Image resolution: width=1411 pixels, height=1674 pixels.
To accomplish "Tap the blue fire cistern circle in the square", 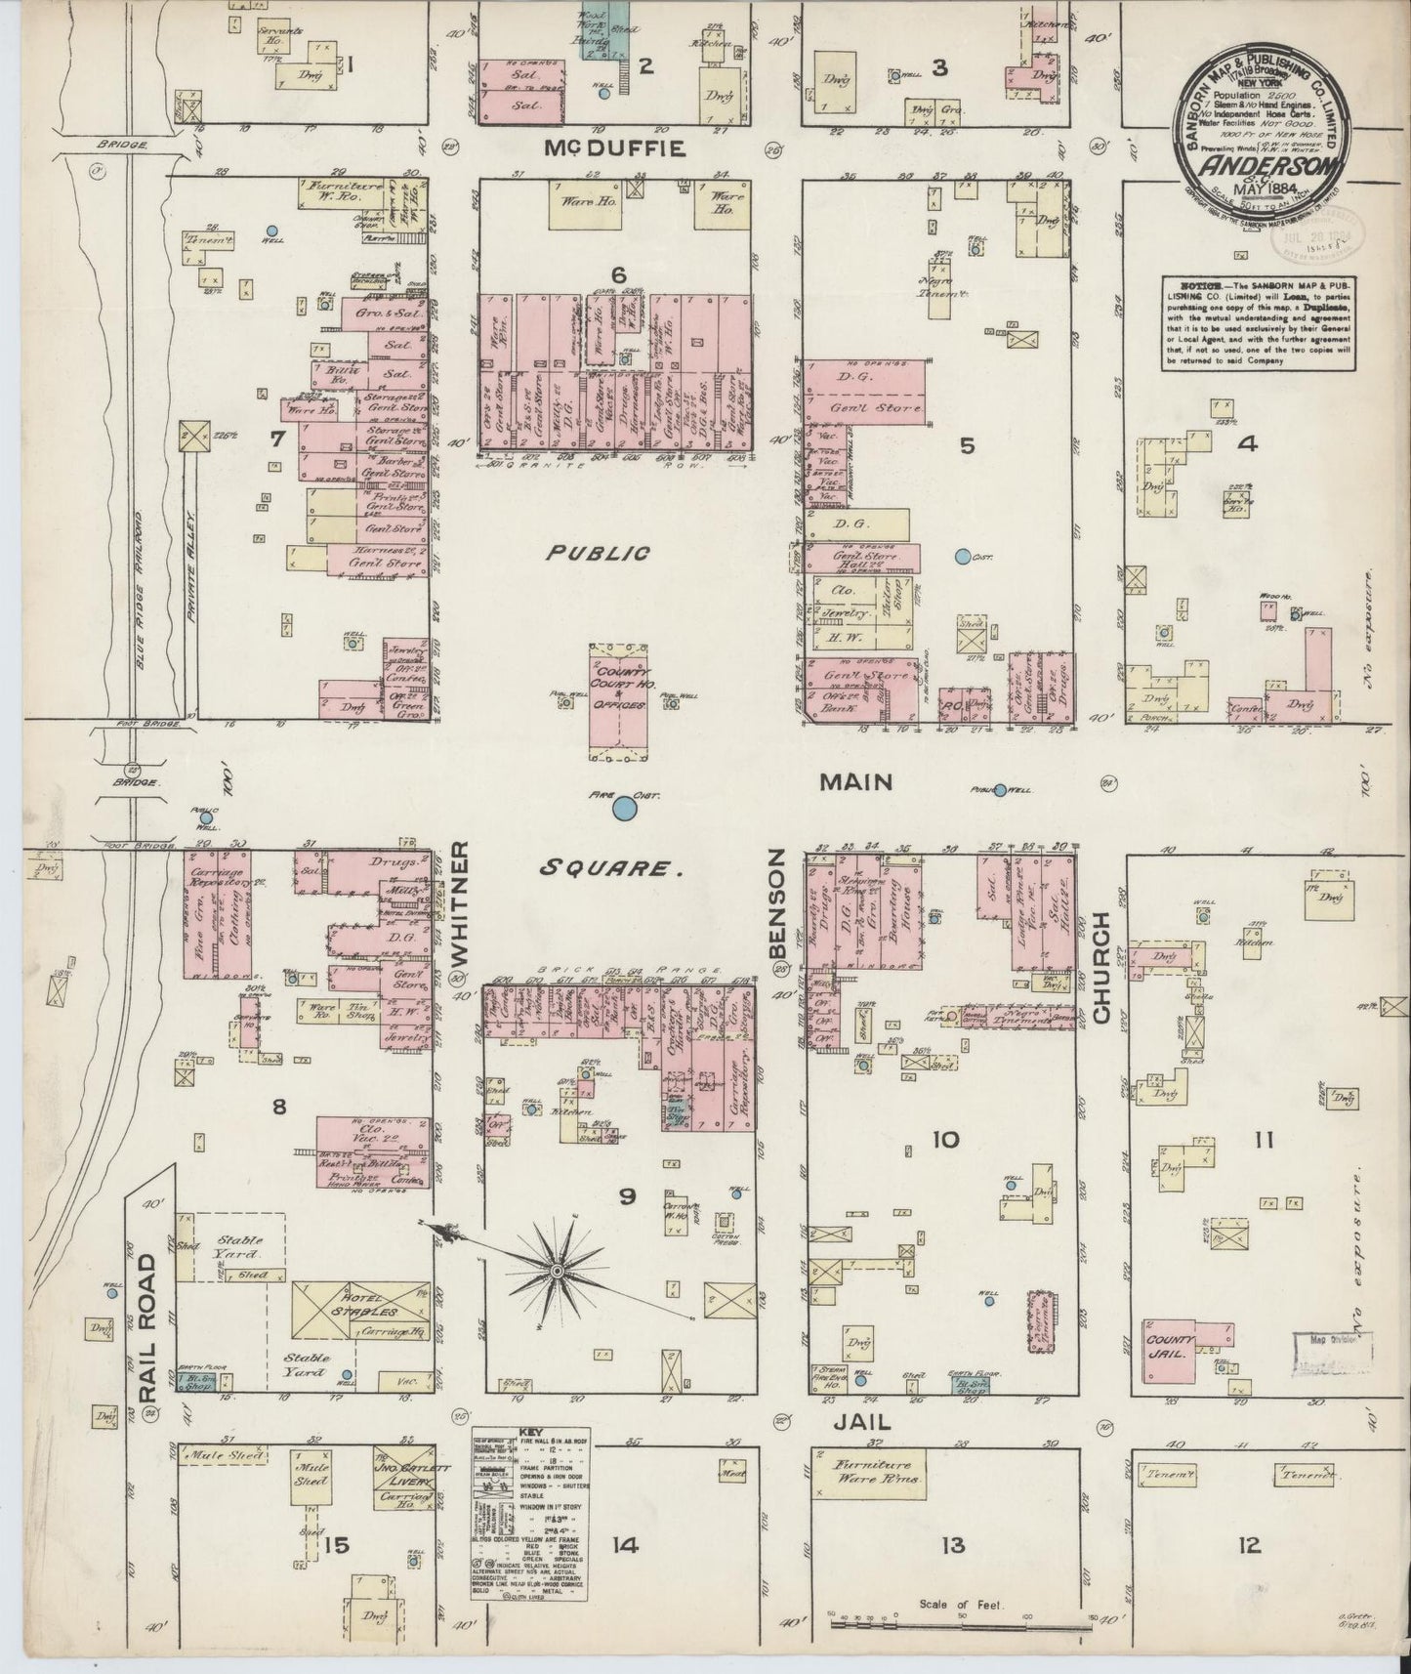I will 622,809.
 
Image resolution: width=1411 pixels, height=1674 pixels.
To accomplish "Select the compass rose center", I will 556,1270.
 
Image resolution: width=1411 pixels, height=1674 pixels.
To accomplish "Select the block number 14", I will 625,1545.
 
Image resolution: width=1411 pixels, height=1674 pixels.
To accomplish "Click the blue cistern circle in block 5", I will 962,557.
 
